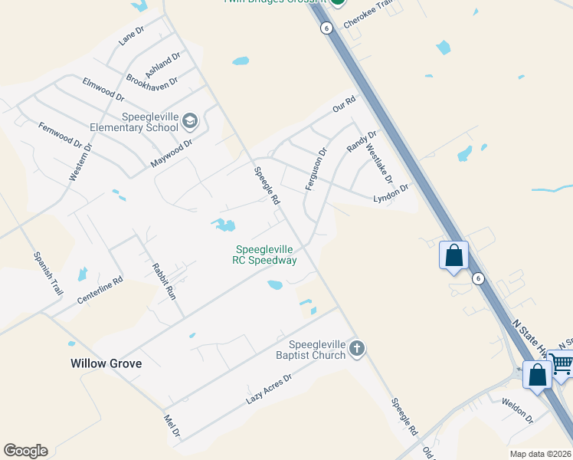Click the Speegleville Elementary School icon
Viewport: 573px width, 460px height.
190,120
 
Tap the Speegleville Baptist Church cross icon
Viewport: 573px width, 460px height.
356,350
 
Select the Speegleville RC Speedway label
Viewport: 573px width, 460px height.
265,255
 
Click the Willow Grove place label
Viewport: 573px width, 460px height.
106,363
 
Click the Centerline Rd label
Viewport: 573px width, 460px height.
100,291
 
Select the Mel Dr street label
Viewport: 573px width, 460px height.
172,426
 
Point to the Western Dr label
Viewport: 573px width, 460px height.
80,162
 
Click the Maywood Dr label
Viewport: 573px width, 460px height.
171,153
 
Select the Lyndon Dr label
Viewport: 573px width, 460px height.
391,192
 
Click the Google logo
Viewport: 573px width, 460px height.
25,451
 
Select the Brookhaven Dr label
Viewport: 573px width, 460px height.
152,80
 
